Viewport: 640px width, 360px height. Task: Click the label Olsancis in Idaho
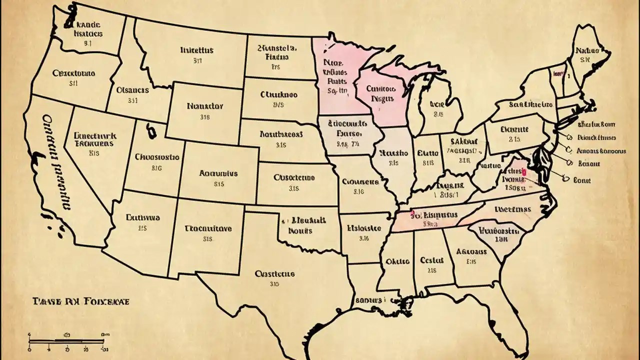(x=132, y=90)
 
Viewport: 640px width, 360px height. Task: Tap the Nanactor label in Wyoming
(x=205, y=106)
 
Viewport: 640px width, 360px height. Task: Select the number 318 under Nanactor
(x=204, y=118)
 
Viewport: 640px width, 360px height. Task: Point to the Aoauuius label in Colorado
(x=218, y=173)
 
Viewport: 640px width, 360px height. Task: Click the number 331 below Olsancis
(x=132, y=100)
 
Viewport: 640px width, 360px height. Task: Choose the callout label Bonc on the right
(x=582, y=180)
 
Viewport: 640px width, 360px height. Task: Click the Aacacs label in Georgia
(x=472, y=251)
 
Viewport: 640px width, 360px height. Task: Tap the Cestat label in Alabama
(x=432, y=260)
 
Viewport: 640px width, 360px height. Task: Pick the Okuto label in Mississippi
(x=398, y=261)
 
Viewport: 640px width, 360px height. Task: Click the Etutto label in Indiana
(x=428, y=153)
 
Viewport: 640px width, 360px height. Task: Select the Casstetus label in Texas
(x=274, y=274)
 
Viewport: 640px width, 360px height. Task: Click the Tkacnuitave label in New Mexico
(x=208, y=228)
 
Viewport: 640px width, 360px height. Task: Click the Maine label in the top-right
(x=587, y=50)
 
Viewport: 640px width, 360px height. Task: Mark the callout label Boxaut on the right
(x=588, y=163)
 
